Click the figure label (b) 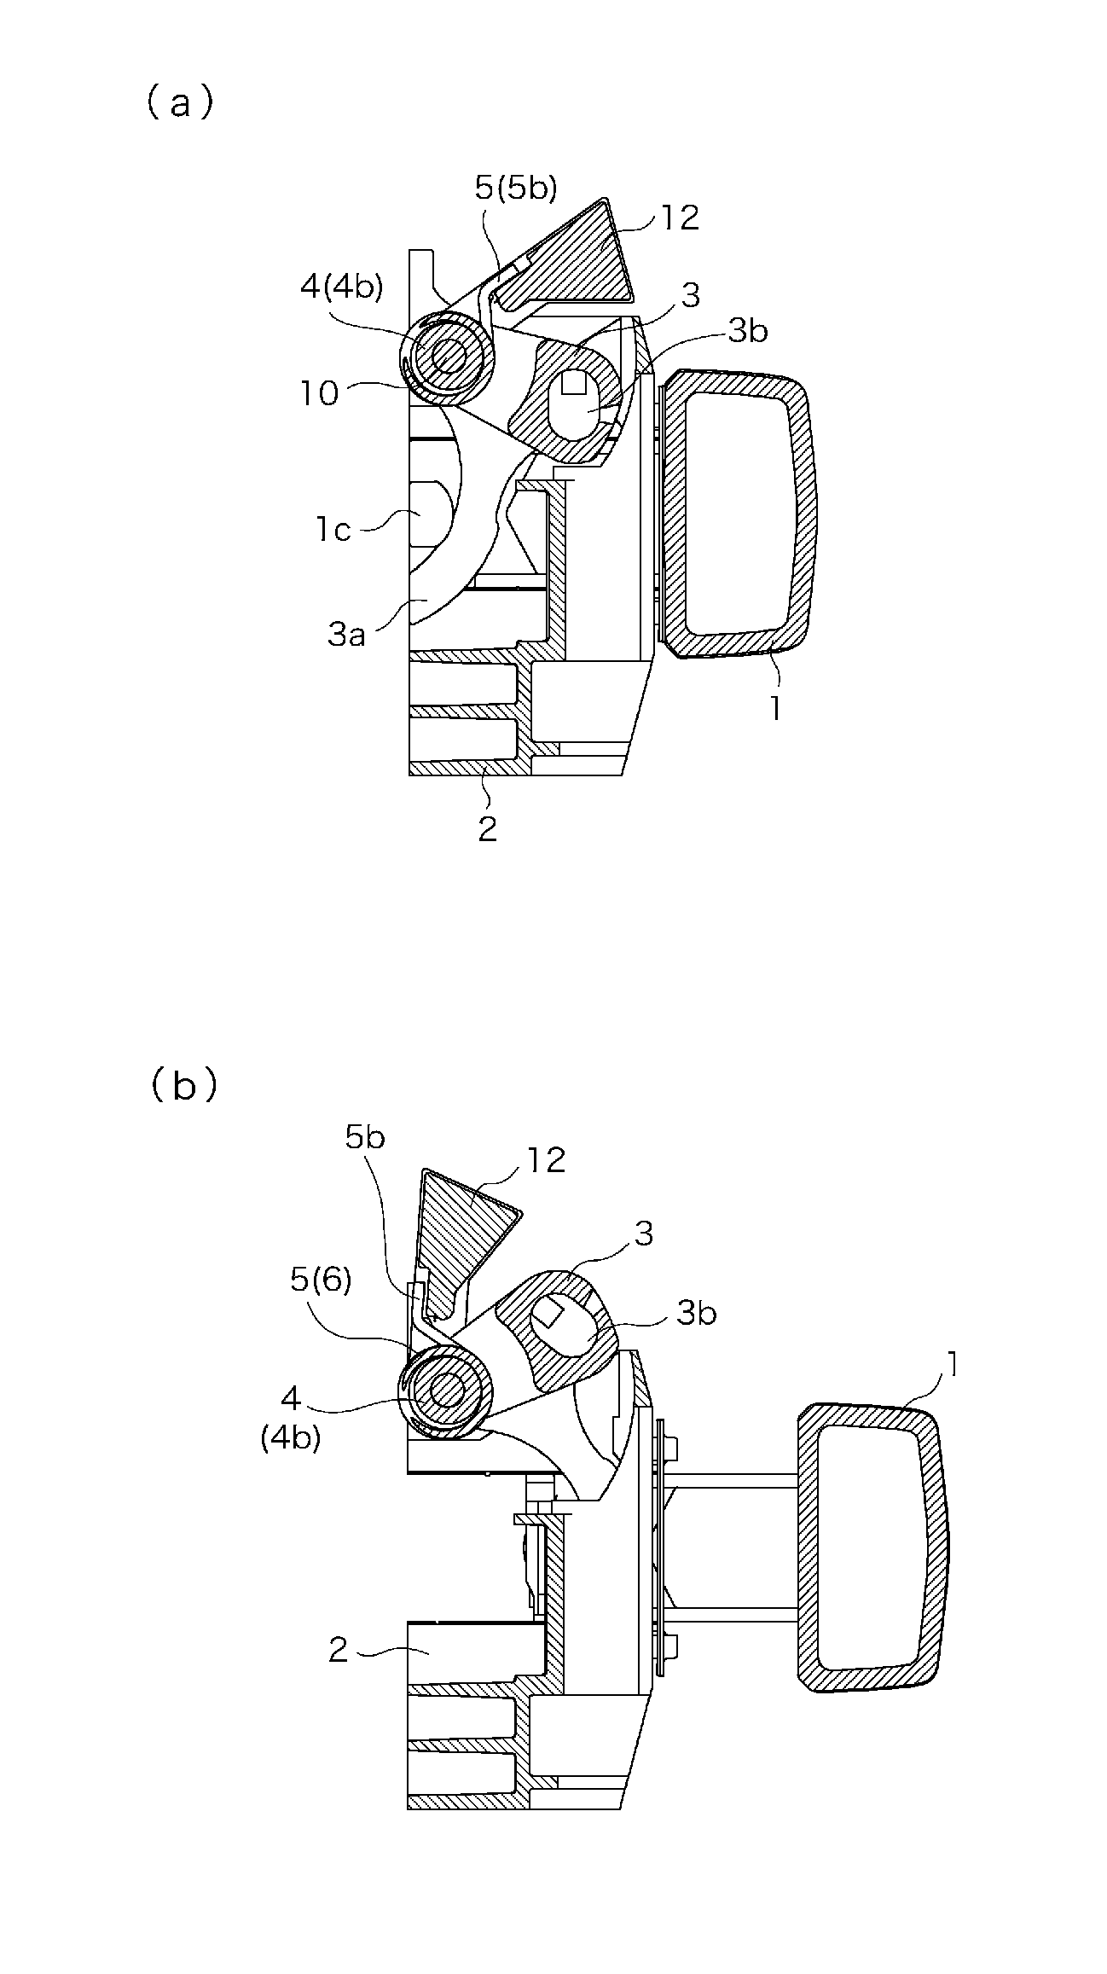[x=183, y=1087]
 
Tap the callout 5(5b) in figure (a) [x=516, y=188]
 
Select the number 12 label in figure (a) [x=680, y=218]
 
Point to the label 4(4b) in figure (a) [x=341, y=287]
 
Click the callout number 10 [x=319, y=393]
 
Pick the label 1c [x=333, y=530]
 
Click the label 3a [x=346, y=635]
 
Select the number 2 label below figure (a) [x=487, y=829]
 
